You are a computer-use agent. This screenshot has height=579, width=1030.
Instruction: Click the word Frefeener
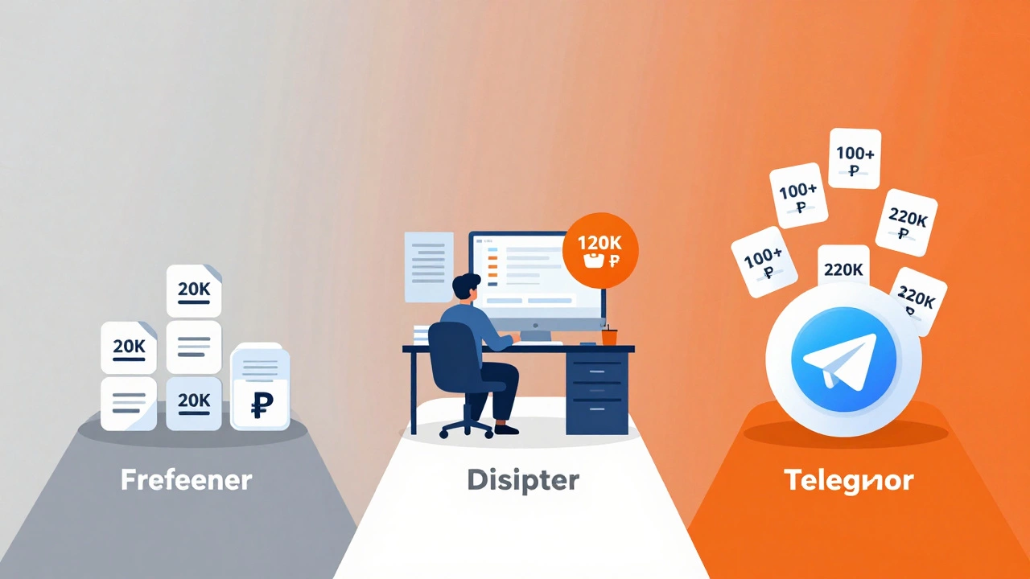186,480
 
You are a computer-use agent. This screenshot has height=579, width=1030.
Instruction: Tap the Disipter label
523,480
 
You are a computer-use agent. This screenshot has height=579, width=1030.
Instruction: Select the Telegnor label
848,480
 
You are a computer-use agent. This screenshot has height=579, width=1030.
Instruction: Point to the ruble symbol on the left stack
259,405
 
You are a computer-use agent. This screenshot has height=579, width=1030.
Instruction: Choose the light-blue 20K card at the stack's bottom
193,402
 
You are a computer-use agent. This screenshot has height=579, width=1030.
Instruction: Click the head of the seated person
466,287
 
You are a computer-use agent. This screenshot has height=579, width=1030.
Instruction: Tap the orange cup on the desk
609,337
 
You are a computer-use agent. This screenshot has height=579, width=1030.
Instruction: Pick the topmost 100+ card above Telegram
854,159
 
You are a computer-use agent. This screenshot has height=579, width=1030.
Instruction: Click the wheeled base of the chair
468,425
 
